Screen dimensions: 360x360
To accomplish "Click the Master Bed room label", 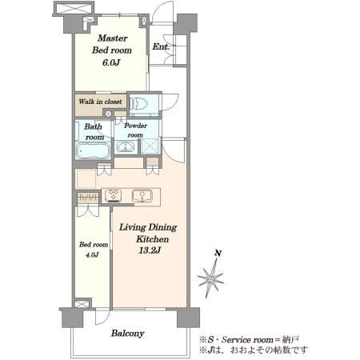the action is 112,44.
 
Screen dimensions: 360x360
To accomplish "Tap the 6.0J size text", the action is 111,62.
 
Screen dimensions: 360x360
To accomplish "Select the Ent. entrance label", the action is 161,46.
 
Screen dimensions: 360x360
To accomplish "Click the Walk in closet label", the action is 100,102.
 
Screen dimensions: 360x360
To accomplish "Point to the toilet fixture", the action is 138,103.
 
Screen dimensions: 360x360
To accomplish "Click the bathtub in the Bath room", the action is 93,151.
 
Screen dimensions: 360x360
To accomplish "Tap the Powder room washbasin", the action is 124,147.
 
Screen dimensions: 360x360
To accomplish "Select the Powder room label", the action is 135,130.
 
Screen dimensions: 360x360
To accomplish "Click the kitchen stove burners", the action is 114,194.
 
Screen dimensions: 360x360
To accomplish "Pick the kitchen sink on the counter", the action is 142,195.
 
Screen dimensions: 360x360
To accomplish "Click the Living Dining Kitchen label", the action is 148,233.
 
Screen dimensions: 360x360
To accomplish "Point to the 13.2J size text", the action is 150,250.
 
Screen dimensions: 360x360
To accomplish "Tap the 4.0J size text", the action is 92,255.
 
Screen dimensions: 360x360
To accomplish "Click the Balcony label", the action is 128,334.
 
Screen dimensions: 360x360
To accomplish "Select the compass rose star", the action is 210,279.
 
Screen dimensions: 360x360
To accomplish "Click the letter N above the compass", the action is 218,253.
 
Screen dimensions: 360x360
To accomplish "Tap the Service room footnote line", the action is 249,340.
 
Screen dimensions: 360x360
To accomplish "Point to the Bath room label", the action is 94,132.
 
